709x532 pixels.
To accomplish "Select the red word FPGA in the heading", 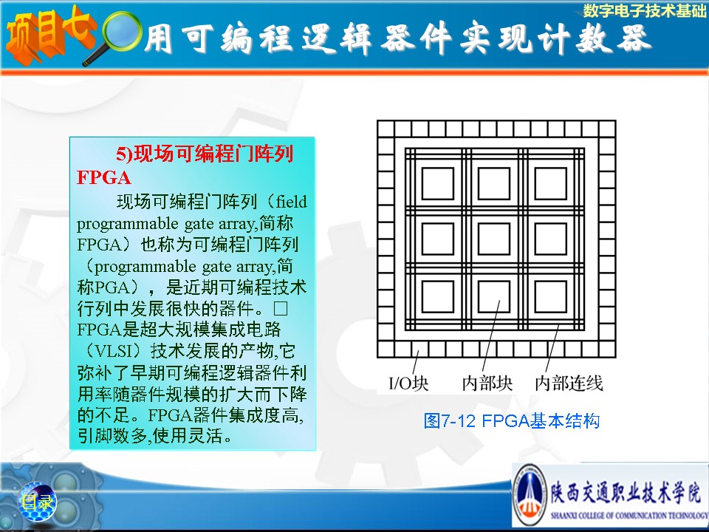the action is [104, 178].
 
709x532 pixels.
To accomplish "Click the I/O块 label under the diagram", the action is [408, 383].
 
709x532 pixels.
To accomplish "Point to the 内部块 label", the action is [487, 383].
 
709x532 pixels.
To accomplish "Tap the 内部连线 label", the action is [569, 383].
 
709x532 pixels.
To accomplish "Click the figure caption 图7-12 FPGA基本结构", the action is [511, 421].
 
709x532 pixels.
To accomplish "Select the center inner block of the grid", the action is [494, 239].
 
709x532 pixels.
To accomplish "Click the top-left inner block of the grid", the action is [438, 183].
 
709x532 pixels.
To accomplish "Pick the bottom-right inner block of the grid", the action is [551, 296].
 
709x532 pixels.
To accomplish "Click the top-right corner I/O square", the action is [607, 129].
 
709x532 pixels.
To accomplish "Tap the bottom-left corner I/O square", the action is [386, 349].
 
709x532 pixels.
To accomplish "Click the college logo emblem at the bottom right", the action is [530, 495].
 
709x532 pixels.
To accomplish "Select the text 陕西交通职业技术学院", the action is [626, 491].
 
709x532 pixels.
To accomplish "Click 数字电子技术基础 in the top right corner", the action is [644, 10].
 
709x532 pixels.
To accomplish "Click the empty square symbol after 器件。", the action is [281, 309].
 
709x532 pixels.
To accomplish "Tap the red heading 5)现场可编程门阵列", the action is [205, 154].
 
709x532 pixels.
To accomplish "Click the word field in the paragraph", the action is [292, 202].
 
